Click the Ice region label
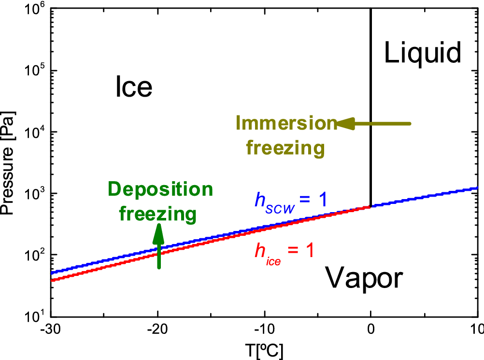pyautogui.click(x=134, y=87)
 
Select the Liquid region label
pyautogui.click(x=423, y=53)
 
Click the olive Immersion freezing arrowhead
pyautogui.click(x=344, y=124)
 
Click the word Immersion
pyautogui.click(x=285, y=124)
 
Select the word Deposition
pyautogui.click(x=159, y=189)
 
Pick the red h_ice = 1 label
pyautogui.click(x=284, y=251)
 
